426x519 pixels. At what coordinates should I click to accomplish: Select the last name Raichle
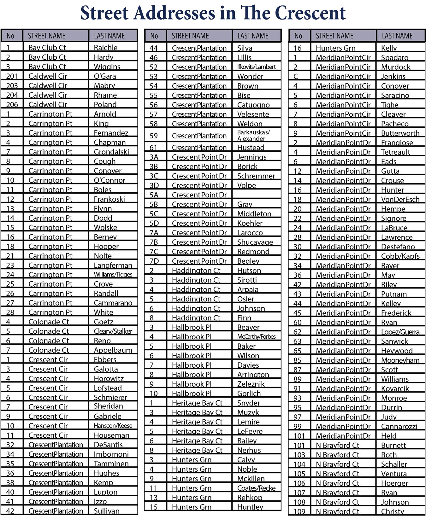105,48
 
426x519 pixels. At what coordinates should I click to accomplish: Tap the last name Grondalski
111,152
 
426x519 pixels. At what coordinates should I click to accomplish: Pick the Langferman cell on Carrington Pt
113,265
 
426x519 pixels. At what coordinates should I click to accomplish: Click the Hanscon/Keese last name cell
113,426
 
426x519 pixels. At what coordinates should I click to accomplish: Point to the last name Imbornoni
111,454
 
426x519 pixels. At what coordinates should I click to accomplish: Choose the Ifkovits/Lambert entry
256,67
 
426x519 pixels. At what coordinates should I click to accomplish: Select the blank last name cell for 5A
256,195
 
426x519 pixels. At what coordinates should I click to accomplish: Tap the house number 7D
154,261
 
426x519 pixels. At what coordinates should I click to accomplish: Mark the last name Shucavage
255,242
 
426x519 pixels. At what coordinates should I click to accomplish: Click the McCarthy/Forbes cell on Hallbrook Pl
256,337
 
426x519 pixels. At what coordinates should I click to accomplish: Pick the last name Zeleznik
251,384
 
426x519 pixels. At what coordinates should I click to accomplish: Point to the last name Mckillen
251,479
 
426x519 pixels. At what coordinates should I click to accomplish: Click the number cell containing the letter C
296,76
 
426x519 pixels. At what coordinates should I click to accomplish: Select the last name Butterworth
400,133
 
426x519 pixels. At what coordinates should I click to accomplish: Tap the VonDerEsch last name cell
400,199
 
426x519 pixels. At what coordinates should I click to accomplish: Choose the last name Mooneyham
400,360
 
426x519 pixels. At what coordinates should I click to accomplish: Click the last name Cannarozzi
399,426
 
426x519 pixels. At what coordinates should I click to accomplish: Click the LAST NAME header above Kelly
397,36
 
